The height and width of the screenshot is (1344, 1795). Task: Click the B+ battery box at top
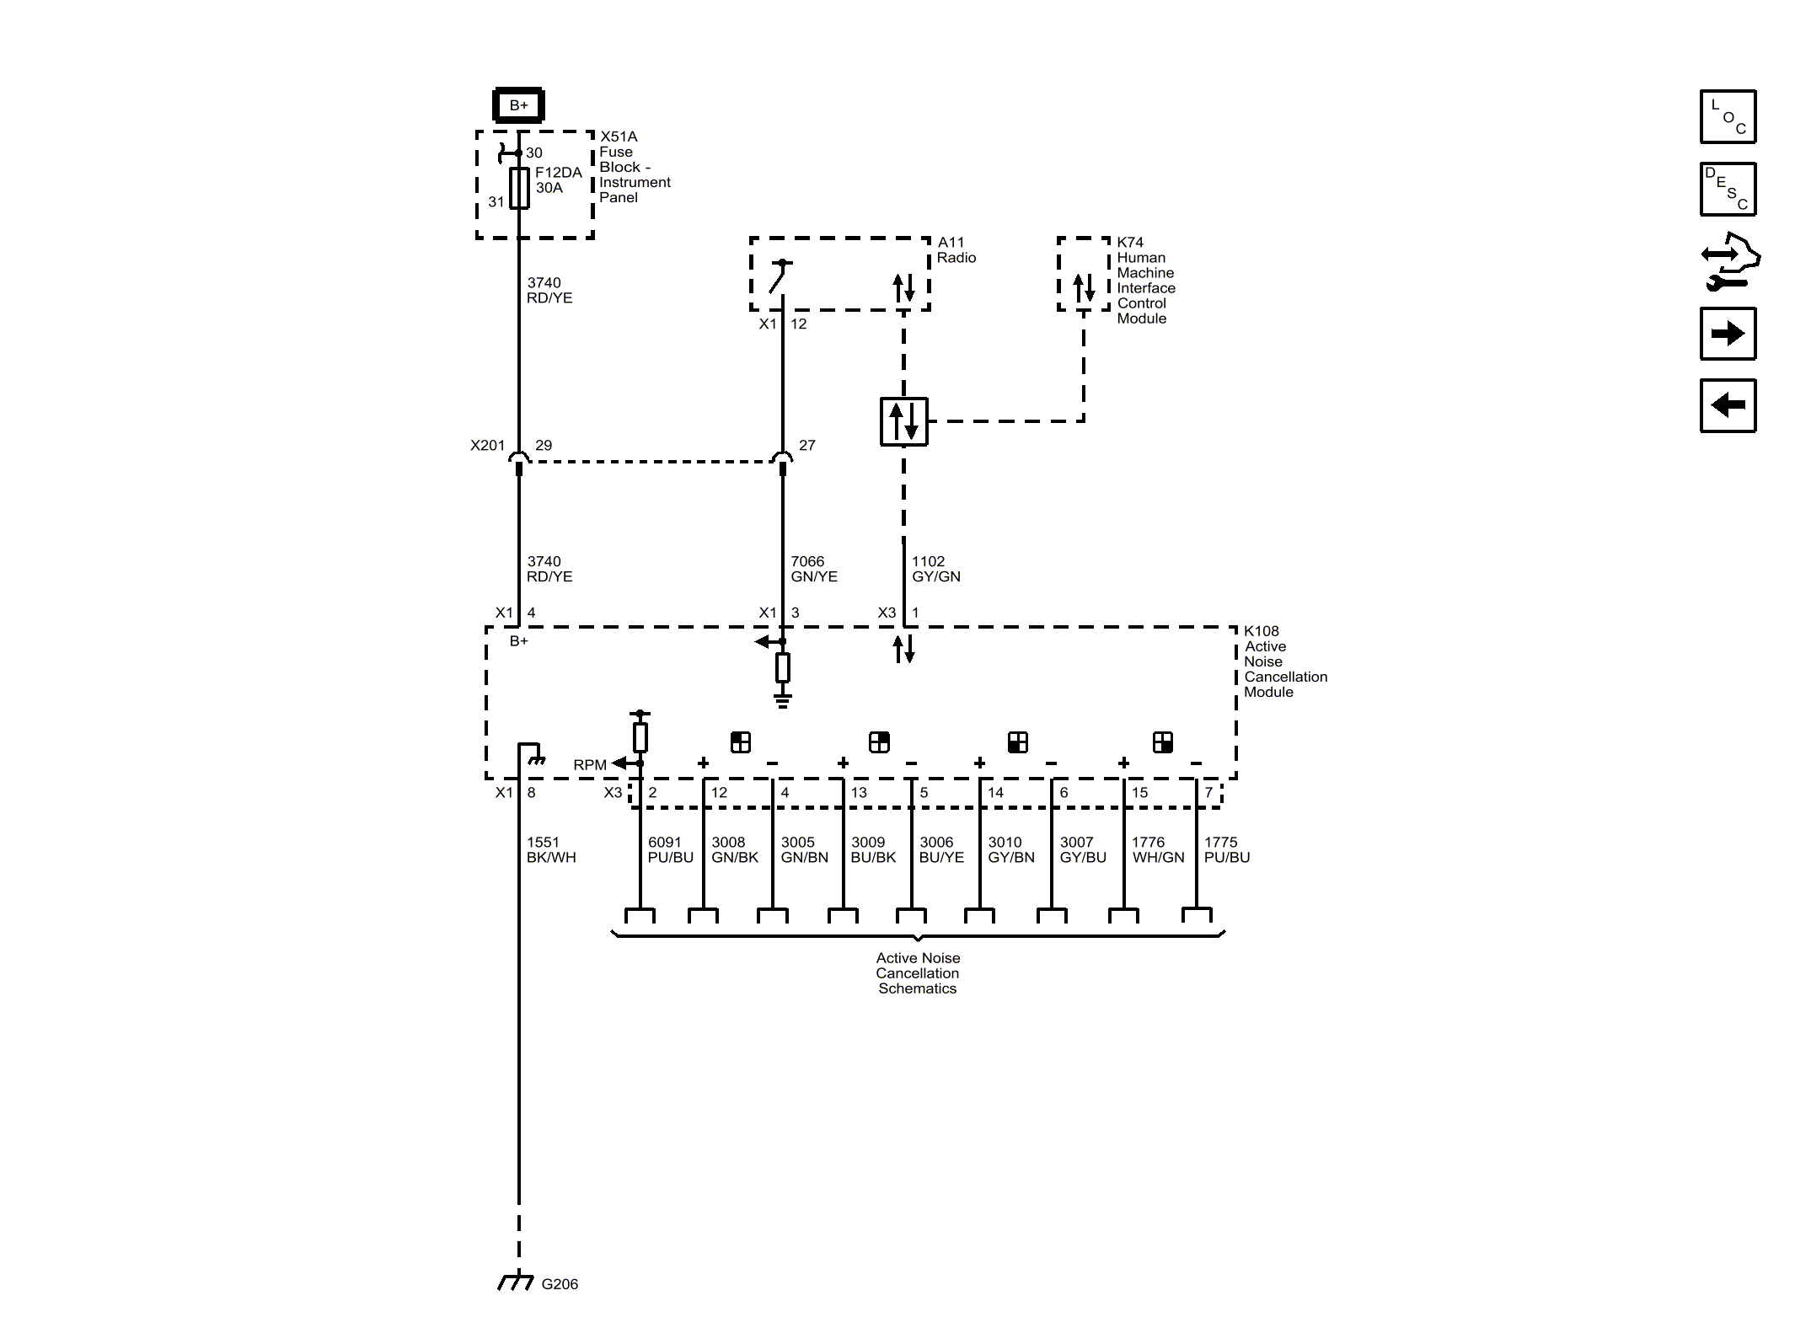518,105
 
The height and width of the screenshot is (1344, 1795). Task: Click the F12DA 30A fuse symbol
519,187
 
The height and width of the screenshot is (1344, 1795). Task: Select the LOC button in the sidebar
1728,117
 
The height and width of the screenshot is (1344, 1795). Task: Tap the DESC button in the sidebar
1728,190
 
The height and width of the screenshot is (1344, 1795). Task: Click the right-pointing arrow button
1728,334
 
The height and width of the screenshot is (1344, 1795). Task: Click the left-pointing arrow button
1728,405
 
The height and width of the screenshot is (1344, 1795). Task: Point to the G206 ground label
559,1284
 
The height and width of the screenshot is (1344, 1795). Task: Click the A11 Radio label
956,250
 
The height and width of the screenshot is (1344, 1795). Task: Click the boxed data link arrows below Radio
903,421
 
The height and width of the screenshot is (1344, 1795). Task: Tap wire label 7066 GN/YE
813,569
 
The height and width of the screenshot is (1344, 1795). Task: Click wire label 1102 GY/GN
935,569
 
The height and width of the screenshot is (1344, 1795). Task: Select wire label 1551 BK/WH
550,849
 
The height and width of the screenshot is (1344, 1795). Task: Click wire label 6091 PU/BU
670,849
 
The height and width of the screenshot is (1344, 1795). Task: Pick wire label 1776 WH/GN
1158,849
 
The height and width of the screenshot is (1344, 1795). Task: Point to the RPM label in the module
589,765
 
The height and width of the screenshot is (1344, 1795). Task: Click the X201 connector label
487,445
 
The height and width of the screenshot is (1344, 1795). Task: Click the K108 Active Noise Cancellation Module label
1284,661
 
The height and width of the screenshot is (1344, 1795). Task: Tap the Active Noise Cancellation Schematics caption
917,973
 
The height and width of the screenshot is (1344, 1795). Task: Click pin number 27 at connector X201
806,445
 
